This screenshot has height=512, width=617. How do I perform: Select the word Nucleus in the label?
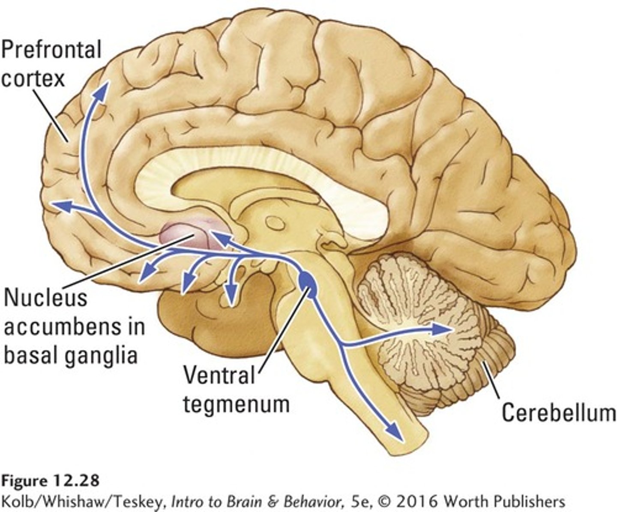(x=45, y=298)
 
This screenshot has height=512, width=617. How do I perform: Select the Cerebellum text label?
(x=558, y=413)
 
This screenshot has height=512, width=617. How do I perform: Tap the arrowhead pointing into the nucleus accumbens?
(x=219, y=237)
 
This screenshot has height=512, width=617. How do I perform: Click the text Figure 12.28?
(x=51, y=480)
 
